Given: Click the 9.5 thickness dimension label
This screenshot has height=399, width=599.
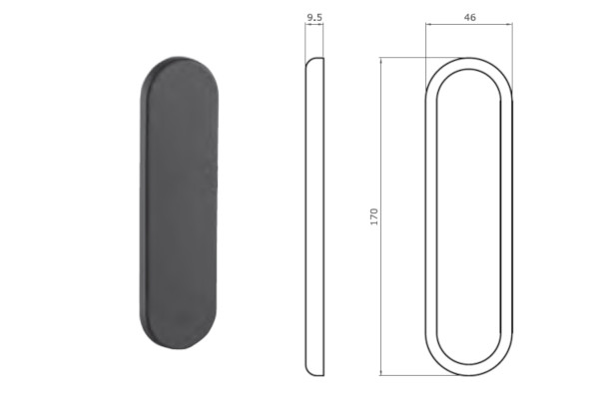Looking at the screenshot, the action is (314, 17).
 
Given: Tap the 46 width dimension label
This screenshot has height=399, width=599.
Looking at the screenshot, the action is (469, 17).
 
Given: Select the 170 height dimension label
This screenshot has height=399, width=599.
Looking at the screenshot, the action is (374, 216).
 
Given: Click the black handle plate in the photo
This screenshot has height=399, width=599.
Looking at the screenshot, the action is (179, 202).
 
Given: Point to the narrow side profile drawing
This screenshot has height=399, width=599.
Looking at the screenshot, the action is (314, 216).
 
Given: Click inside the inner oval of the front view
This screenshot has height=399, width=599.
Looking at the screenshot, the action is (469, 216).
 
